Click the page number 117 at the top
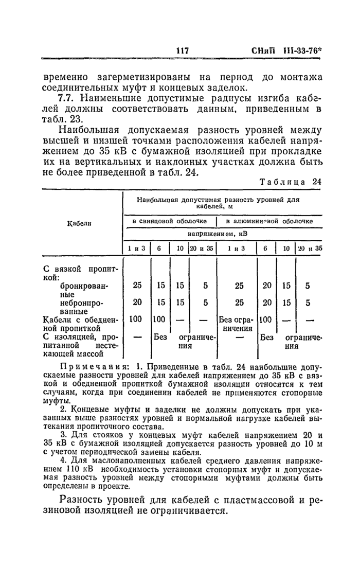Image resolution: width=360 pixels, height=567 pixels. (183, 51)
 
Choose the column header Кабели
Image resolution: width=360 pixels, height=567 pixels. (80, 223)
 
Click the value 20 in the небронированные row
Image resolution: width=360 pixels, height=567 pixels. (137, 303)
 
